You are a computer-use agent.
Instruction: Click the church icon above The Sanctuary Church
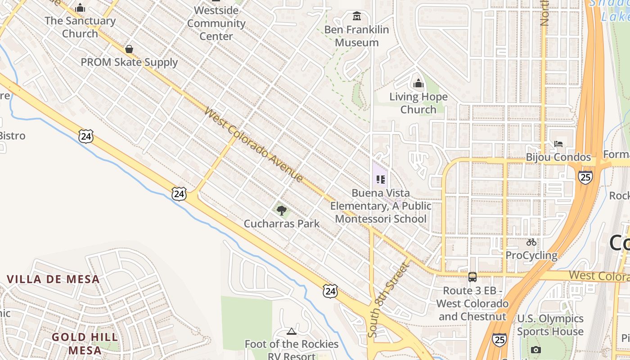[80, 8]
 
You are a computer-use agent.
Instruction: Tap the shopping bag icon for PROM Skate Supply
[129, 49]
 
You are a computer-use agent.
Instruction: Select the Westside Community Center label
[216, 23]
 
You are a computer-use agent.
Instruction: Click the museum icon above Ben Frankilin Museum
[357, 17]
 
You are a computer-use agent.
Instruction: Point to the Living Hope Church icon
[418, 83]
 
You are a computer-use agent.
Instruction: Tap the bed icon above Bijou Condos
[558, 144]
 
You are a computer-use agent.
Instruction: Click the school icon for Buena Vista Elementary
[381, 180]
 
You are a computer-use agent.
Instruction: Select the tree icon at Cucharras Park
[282, 210]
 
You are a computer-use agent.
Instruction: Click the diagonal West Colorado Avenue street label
[253, 144]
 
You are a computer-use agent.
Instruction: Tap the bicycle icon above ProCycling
[531, 242]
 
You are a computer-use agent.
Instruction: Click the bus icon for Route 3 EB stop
[472, 277]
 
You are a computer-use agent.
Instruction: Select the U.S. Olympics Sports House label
[550, 325]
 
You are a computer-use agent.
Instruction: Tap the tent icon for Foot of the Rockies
[292, 332]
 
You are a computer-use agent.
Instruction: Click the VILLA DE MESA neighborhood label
[53, 279]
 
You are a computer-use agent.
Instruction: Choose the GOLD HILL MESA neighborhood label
[85, 343]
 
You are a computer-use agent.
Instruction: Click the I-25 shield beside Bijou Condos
[585, 177]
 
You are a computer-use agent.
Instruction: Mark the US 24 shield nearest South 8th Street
[330, 291]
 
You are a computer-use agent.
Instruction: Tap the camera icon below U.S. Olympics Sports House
[535, 350]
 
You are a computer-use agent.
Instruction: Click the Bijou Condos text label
[558, 157]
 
